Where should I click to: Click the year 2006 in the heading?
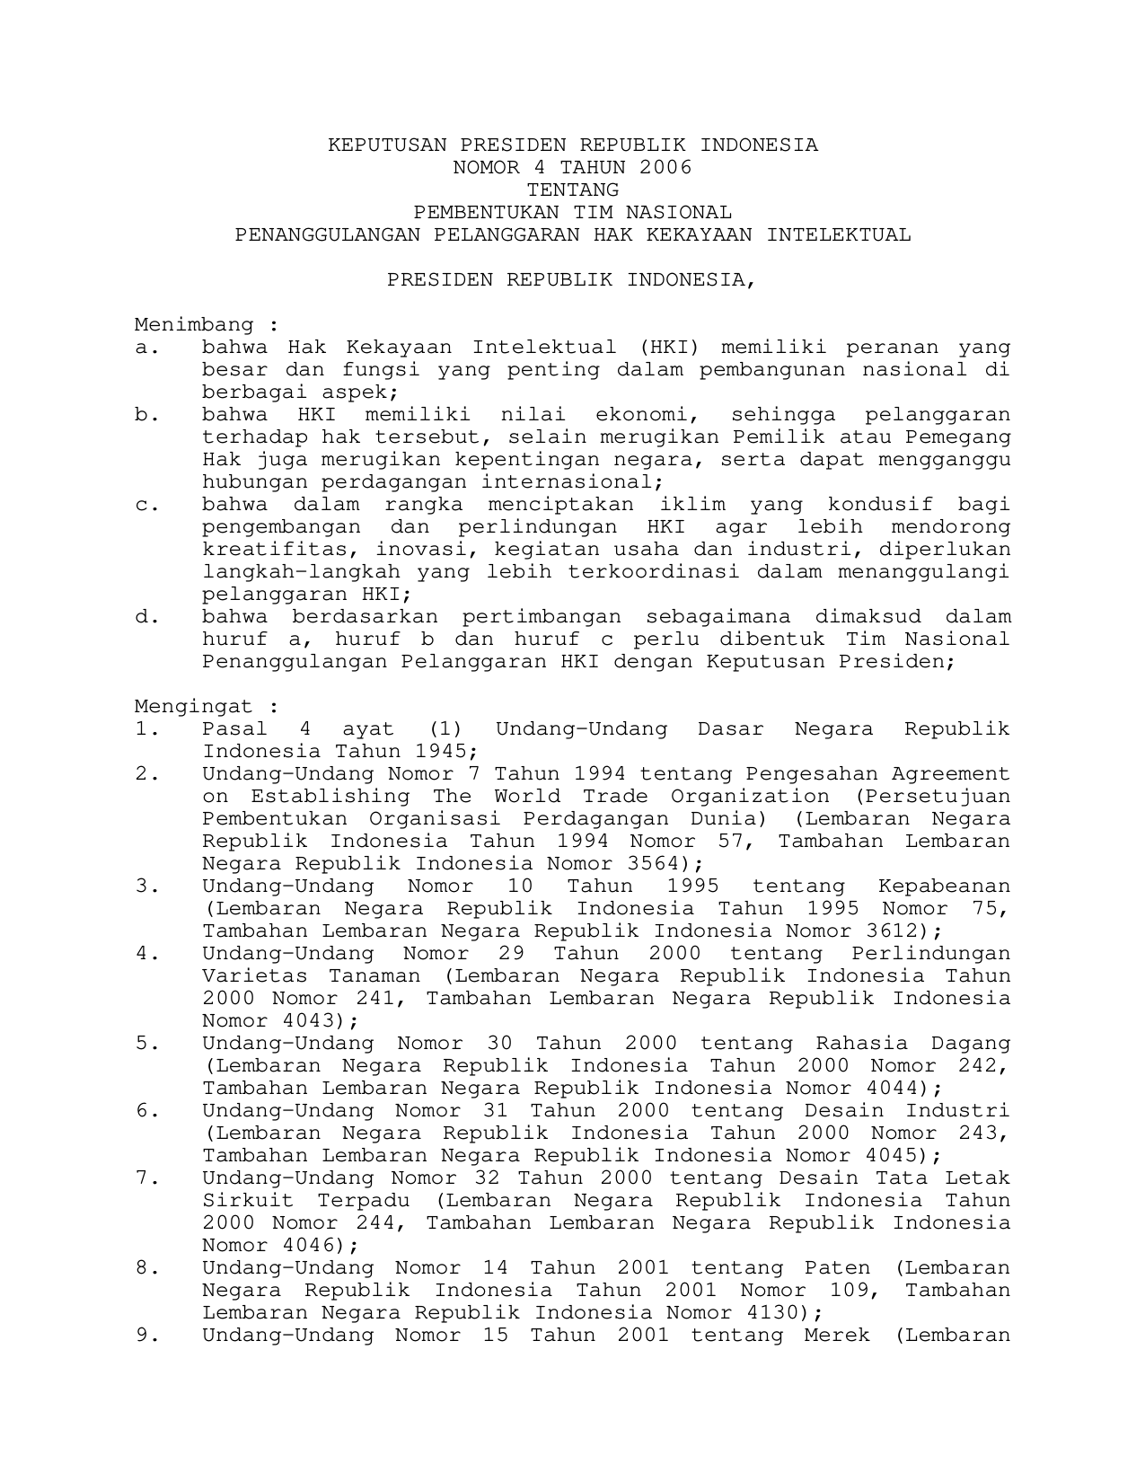pos(666,168)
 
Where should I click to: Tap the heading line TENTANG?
pos(573,190)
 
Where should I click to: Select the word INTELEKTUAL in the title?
pos(838,235)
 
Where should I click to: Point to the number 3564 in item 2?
pos(664,864)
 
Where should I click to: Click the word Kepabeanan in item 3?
pos(944,887)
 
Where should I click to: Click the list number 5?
pos(146,1044)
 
